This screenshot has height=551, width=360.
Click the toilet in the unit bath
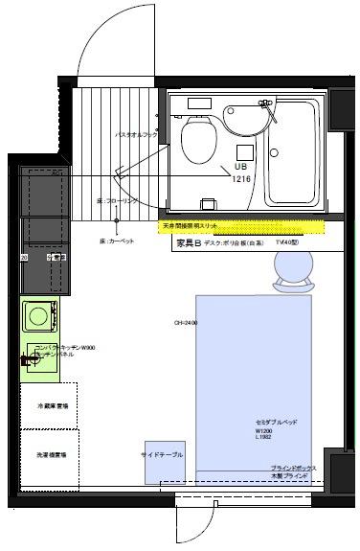197,138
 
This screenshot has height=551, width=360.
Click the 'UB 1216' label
242,172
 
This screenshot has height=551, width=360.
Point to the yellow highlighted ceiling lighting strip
240,227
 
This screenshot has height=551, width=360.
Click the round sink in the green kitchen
41,314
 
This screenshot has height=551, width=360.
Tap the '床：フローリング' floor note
117,202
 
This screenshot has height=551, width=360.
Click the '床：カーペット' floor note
116,241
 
